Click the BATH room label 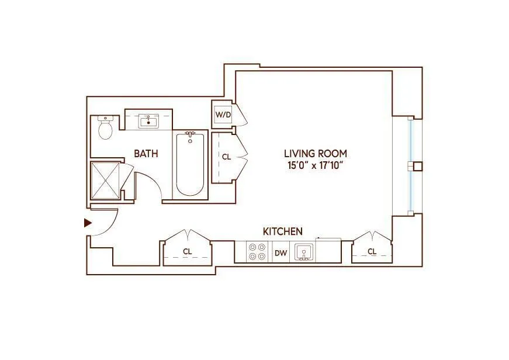[146, 154]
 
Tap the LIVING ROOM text [315, 154]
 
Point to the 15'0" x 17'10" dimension [315, 165]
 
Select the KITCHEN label [282, 231]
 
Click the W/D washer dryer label [223, 115]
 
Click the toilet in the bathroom [105, 128]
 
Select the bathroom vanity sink [148, 122]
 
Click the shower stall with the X [105, 181]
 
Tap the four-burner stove [256, 252]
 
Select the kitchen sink [304, 252]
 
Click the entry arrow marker [88, 223]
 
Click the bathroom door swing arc [151, 184]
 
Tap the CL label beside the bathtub [226, 157]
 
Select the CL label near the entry [187, 252]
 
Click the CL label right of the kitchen [372, 252]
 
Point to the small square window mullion [417, 166]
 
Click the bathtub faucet [190, 136]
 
